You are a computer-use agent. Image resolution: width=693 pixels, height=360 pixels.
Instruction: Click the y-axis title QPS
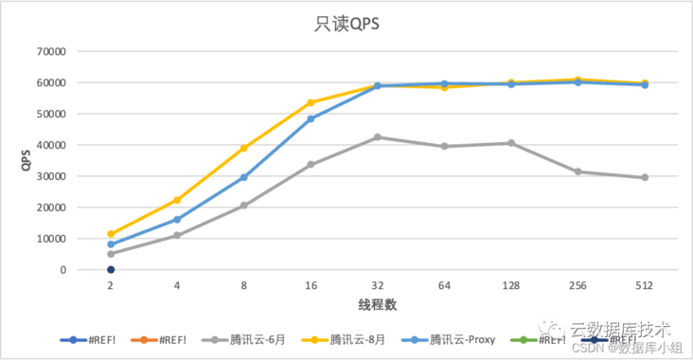27,160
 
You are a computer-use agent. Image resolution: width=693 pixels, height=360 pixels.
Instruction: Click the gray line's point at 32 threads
378,137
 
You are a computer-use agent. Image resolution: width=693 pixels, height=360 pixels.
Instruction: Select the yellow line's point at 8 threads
244,148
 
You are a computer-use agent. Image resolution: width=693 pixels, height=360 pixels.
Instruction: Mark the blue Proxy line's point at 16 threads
311,118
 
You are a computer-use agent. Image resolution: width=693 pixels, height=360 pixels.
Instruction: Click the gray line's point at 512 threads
645,177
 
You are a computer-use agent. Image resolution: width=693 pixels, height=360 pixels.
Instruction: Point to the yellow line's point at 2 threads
111,234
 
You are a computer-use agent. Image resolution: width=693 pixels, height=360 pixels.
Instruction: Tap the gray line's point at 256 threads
577,171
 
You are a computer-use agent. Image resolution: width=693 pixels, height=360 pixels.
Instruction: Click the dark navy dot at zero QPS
111,269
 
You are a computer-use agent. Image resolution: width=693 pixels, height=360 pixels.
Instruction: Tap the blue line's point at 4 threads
177,220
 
